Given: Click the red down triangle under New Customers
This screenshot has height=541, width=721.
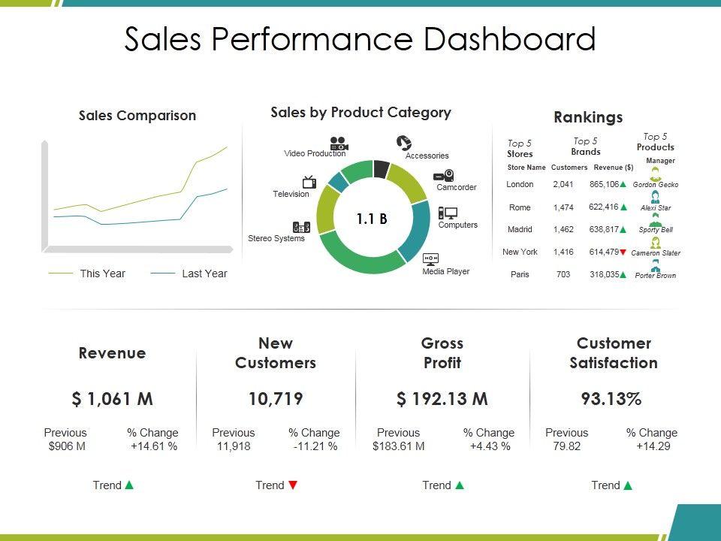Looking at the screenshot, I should [x=293, y=485].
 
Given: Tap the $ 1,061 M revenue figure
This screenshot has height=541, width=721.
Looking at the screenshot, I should [x=113, y=399].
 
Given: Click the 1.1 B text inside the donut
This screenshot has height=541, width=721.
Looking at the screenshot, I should [x=372, y=219].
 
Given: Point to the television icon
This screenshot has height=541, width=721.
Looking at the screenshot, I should [x=309, y=182].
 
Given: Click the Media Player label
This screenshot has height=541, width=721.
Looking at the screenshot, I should [x=445, y=271].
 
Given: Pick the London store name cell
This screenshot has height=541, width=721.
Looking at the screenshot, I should [x=520, y=184].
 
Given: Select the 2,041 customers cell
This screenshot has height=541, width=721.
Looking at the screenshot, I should [x=563, y=184].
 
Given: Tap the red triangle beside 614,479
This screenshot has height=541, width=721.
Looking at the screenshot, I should [x=623, y=252].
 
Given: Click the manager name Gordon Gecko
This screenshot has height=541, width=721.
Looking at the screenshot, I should [x=655, y=185].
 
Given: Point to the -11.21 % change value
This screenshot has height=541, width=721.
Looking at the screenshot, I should [x=315, y=446].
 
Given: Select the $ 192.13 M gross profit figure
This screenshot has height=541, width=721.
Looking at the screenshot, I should [x=442, y=399].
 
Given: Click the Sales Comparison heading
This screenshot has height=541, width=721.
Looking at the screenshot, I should [x=137, y=116].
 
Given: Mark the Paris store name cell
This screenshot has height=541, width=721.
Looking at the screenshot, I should [x=520, y=275].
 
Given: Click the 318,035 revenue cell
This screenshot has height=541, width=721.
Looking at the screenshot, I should [x=604, y=275].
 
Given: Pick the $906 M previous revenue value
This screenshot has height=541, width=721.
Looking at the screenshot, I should [x=66, y=446].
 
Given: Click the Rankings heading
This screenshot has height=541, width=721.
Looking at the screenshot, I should [x=588, y=117].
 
